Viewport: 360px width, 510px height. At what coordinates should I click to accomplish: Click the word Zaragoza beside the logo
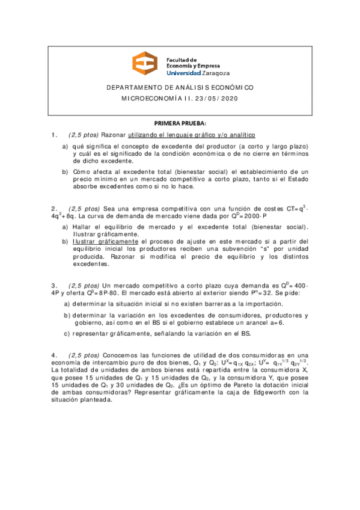(214, 72)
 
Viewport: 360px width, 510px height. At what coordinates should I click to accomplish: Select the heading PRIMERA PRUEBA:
(180, 123)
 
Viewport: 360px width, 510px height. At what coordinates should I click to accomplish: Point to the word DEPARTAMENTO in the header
(135, 87)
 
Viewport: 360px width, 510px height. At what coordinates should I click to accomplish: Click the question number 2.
(54, 209)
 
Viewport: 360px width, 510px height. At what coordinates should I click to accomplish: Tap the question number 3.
(54, 285)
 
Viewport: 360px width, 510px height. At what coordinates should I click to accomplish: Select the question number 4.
(54, 354)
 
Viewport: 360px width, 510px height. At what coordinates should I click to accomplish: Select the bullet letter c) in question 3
(67, 334)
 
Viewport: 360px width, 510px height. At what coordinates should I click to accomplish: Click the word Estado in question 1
(296, 179)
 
